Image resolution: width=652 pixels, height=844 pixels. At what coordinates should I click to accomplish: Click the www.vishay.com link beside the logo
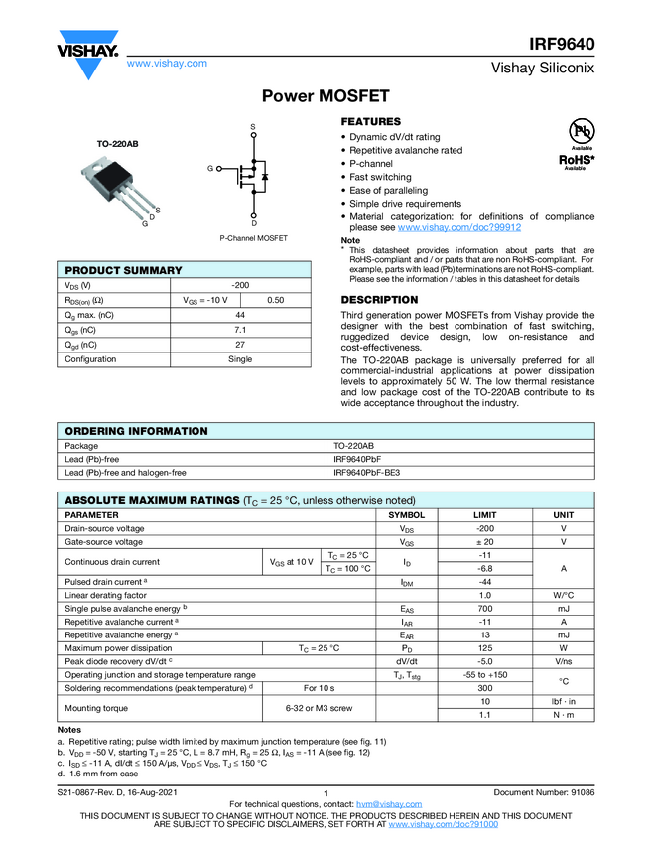tap(167, 63)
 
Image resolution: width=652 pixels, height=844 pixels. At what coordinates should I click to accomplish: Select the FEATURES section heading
tap(371, 121)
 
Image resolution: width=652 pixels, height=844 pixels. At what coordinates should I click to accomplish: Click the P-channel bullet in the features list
tap(371, 163)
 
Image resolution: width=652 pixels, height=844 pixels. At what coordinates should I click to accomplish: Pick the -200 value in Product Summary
tap(240, 285)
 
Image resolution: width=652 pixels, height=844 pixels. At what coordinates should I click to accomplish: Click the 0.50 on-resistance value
tap(276, 300)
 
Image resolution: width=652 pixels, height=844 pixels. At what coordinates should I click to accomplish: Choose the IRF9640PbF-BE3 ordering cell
tap(372, 473)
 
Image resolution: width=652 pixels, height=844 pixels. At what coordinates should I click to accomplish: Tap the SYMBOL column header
tap(406, 515)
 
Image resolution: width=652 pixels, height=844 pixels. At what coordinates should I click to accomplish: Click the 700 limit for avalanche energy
tap(485, 608)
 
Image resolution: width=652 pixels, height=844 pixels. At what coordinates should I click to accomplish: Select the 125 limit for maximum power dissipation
tap(485, 647)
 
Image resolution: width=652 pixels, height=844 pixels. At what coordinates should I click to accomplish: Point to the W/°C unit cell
tap(563, 595)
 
